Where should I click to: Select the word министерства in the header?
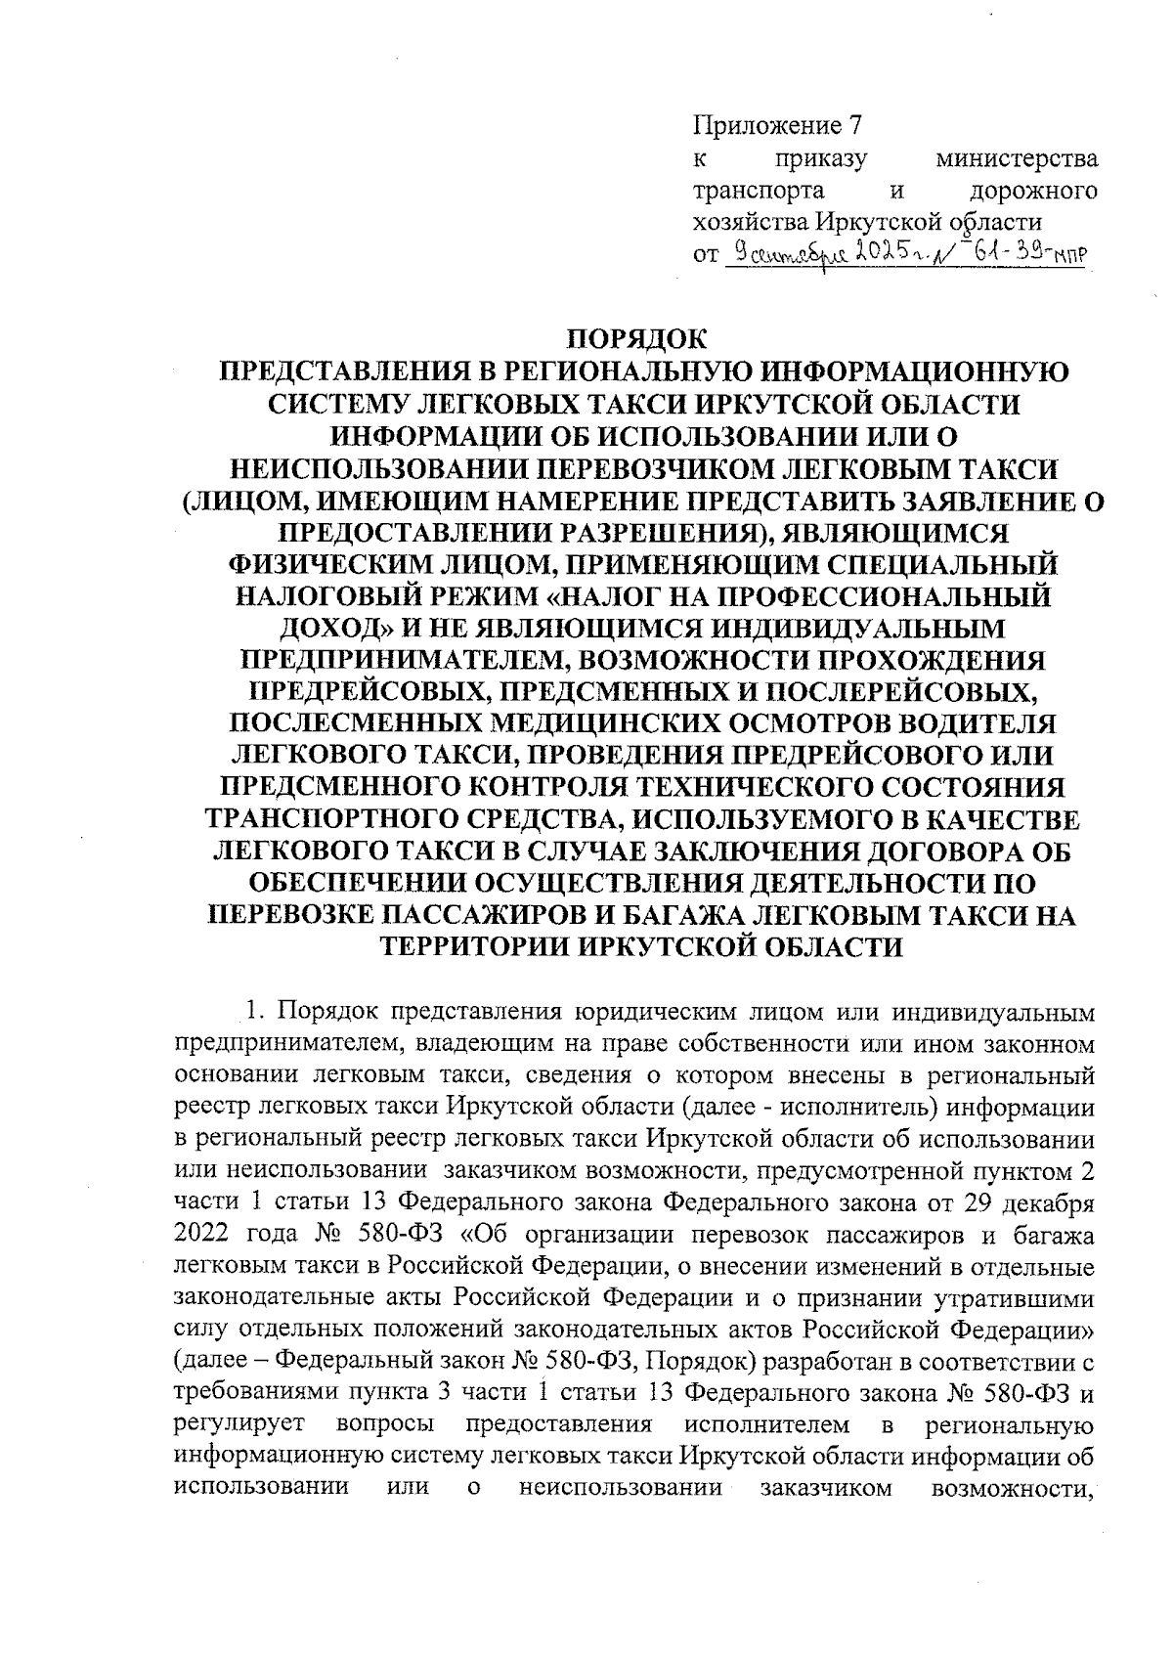[1017, 158]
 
